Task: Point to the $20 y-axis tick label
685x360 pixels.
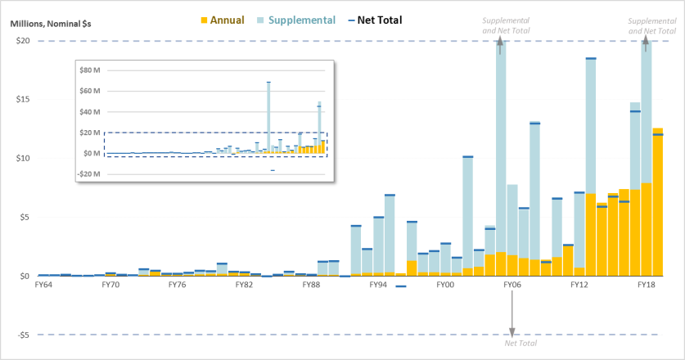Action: click(22, 41)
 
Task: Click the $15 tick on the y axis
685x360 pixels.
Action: click(22, 100)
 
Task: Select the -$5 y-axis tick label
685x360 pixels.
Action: click(22, 335)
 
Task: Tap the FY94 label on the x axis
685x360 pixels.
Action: click(378, 285)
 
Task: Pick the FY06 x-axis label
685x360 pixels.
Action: click(512, 285)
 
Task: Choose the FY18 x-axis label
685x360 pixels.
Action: click(647, 285)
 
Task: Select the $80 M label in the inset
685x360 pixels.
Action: click(90, 70)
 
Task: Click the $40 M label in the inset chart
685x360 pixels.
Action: click(90, 112)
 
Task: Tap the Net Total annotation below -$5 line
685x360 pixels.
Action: click(521, 344)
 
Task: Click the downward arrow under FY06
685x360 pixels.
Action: click(512, 315)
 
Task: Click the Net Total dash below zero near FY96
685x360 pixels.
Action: click(401, 286)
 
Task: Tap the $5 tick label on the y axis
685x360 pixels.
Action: click(25, 217)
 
